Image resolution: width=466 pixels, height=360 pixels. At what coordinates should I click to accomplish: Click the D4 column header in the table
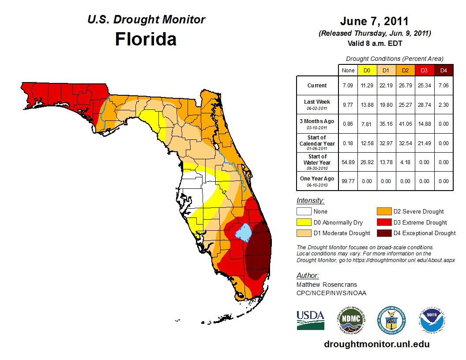443,70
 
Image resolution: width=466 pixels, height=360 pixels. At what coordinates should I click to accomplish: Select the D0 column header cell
367,70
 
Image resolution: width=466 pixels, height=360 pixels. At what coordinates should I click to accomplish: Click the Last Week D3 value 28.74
425,104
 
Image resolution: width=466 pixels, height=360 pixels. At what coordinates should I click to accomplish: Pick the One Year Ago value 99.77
348,181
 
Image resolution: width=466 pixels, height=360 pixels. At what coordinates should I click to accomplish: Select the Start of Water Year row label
317,162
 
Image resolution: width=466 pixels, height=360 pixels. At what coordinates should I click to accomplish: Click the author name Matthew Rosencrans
327,285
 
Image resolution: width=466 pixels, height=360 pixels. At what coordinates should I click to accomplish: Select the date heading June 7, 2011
374,22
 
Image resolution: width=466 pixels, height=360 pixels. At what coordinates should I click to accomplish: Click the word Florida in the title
146,39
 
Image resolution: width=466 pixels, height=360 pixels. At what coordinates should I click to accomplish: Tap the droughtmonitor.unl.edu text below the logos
376,344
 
